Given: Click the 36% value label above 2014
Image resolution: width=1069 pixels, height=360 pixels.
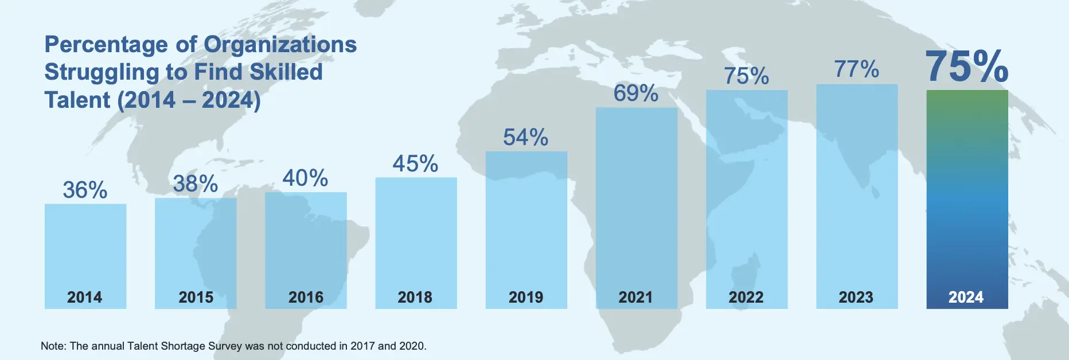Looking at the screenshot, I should click(85, 190).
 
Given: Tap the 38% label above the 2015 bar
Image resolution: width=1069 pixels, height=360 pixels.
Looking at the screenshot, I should click(196, 184).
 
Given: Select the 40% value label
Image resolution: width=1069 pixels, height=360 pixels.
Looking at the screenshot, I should click(305, 178).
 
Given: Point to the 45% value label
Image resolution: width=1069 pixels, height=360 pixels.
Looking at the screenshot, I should click(415, 164).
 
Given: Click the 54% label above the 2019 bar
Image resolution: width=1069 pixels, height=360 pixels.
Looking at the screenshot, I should click(525, 138).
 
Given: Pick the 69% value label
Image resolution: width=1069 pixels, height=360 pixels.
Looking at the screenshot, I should click(635, 93).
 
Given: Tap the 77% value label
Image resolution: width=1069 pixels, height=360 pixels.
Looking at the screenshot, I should click(856, 69).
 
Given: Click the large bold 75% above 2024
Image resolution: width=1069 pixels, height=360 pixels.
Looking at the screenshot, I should click(966, 66).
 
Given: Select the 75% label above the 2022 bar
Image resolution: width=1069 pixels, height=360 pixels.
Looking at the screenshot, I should click(746, 76).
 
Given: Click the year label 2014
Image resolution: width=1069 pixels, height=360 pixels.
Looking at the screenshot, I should click(85, 297).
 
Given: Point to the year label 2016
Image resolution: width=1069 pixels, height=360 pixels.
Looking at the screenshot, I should click(306, 297).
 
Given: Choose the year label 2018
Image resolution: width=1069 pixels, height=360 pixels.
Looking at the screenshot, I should click(415, 297).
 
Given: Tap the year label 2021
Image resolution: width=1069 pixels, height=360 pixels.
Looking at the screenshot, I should click(635, 297).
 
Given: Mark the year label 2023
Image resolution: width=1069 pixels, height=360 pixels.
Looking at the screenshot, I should click(856, 297).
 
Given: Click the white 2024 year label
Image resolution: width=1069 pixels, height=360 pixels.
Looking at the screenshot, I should click(966, 297).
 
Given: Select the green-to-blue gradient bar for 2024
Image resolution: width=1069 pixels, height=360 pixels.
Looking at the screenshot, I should click(967, 189).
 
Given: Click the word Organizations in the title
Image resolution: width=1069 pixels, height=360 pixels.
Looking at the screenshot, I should click(280, 45).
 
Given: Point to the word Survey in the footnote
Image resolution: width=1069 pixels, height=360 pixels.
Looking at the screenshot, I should click(223, 346).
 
